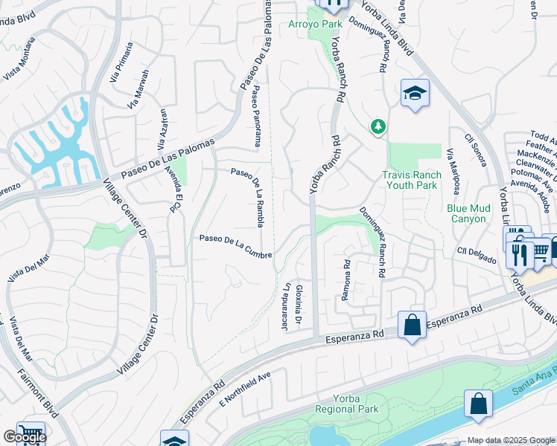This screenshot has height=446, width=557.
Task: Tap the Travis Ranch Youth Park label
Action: coord(412,181)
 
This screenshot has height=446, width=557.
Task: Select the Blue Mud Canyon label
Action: coord(468,214)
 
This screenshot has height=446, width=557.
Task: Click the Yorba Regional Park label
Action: coord(346,404)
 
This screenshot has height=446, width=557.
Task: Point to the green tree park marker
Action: coord(378,127)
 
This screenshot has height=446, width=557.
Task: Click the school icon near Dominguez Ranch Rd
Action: coord(415,94)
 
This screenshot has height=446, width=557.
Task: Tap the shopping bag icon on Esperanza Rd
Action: coord(412,325)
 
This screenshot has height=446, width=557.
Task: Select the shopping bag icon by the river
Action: coord(478,404)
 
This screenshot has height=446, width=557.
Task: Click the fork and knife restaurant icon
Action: coord(518,254)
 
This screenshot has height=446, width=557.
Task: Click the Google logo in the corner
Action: coord(25,437)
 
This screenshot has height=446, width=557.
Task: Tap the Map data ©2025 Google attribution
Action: coord(511,440)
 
